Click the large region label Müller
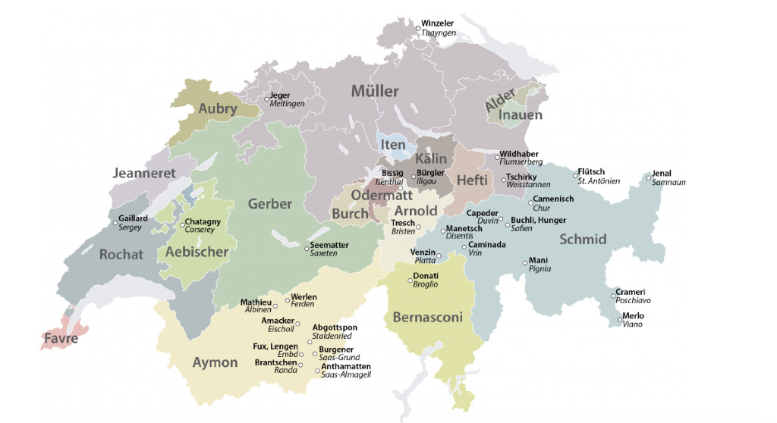click(x=374, y=92)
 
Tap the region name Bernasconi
click(x=427, y=318)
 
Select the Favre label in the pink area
click(x=61, y=339)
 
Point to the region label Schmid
click(x=583, y=240)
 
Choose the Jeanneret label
click(x=144, y=173)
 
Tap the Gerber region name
click(x=269, y=204)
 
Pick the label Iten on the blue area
click(x=393, y=145)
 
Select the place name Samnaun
click(x=668, y=183)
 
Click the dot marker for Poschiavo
click(x=613, y=296)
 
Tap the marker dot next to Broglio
click(x=409, y=280)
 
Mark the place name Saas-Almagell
click(x=346, y=374)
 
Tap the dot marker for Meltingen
click(x=266, y=99)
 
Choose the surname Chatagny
click(x=203, y=221)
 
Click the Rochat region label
click(x=121, y=255)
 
